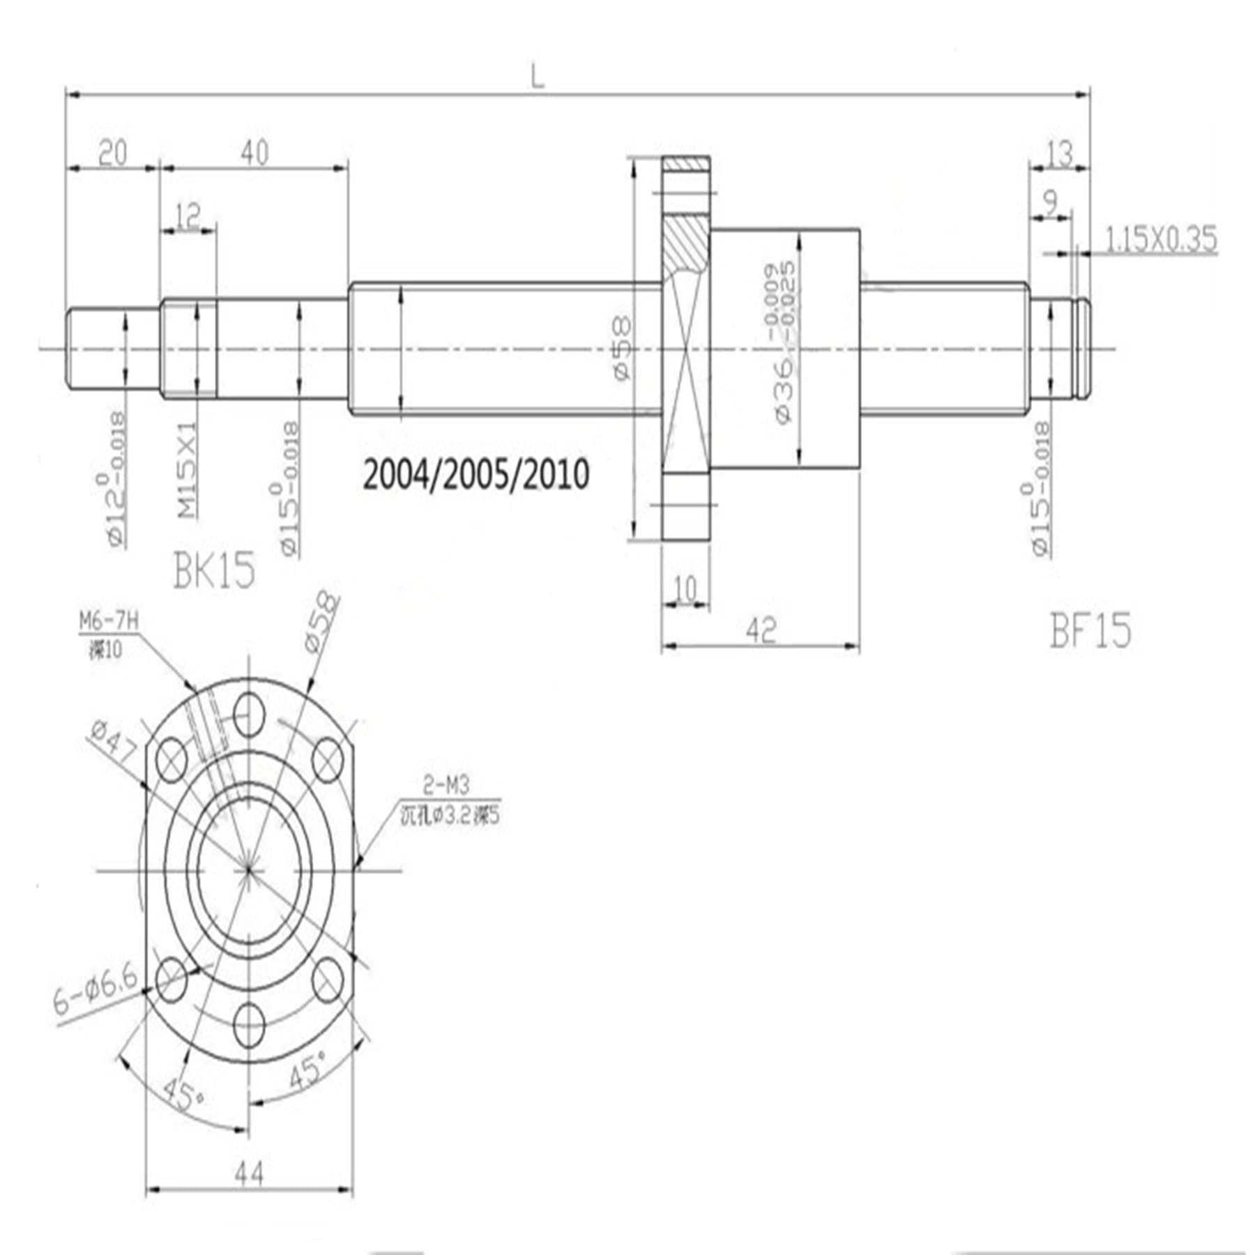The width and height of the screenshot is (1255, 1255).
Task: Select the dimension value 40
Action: (255, 152)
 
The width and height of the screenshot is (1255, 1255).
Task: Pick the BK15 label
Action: (214, 570)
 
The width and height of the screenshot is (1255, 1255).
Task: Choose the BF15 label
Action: (1090, 631)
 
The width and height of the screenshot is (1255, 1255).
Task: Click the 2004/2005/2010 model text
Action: (476, 474)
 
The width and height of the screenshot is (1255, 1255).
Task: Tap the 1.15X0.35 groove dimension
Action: (1161, 239)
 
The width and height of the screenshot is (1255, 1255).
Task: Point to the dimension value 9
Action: (1050, 202)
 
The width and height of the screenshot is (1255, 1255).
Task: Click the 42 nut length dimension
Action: (760, 631)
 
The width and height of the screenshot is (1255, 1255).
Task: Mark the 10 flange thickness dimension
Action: (685, 589)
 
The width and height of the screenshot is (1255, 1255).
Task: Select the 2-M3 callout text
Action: (446, 786)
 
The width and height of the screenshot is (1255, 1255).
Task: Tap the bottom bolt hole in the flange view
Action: (250, 1026)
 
